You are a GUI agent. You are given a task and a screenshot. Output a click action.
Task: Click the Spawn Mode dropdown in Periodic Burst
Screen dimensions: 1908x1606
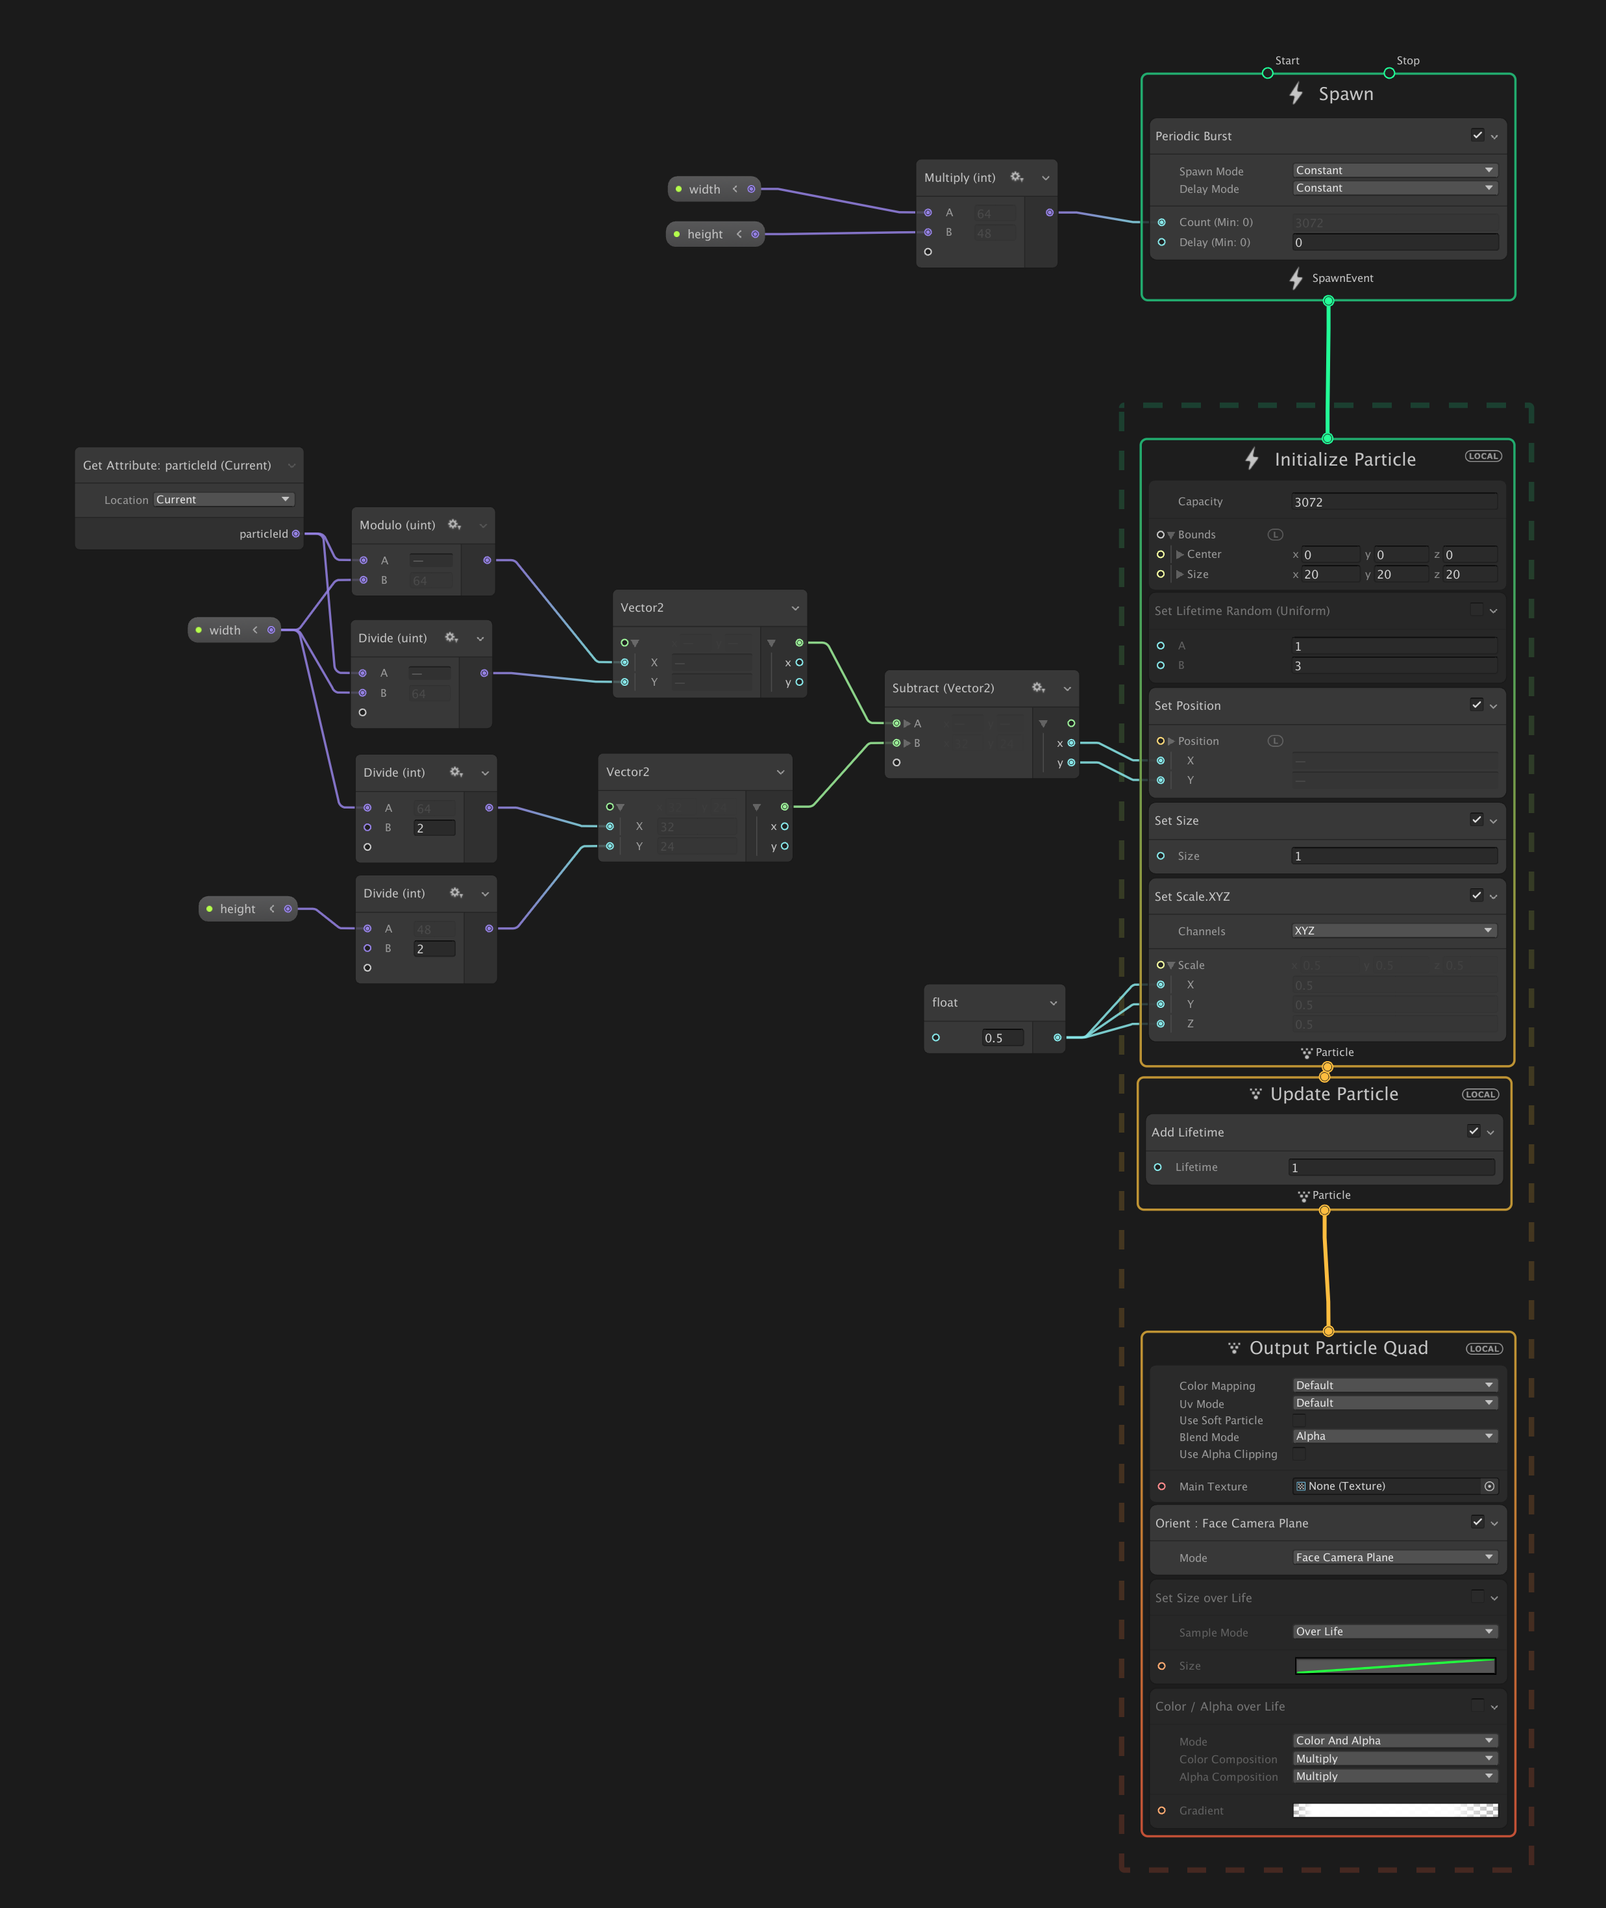[1394, 170]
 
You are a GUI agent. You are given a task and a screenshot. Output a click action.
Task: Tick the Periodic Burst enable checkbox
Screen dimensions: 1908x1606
[1477, 135]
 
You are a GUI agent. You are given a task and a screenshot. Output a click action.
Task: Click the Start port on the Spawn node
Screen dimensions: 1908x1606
[1267, 73]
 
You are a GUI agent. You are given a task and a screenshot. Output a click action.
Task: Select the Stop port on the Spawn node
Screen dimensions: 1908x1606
[1389, 73]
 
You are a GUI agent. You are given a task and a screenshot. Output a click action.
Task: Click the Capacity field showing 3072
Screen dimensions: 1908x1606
[1394, 502]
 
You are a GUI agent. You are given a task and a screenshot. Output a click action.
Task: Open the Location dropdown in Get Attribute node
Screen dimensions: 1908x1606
[223, 499]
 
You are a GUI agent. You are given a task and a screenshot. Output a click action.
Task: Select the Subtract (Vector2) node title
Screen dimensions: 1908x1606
[943, 688]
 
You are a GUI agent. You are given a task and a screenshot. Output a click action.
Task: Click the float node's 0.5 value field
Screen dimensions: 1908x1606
[1002, 1037]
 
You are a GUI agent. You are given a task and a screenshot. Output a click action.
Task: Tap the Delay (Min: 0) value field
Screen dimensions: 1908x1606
[1394, 242]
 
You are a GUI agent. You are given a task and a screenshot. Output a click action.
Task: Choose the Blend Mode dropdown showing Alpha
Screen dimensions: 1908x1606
[1394, 1437]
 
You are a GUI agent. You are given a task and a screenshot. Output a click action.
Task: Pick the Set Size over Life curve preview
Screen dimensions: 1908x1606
[1395, 1666]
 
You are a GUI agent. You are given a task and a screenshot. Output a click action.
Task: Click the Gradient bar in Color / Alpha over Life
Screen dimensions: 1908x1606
[1395, 1811]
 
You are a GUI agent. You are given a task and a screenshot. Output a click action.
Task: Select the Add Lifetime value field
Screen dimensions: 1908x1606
[1391, 1168]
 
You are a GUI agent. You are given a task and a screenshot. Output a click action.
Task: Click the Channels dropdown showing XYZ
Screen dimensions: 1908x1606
[1394, 931]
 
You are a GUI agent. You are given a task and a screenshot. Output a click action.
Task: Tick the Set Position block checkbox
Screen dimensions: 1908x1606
[1476, 705]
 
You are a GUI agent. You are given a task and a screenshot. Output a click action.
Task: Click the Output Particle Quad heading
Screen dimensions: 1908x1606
[1337, 1348]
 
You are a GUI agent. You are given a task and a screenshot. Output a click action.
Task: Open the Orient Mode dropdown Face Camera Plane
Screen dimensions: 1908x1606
[1394, 1557]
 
